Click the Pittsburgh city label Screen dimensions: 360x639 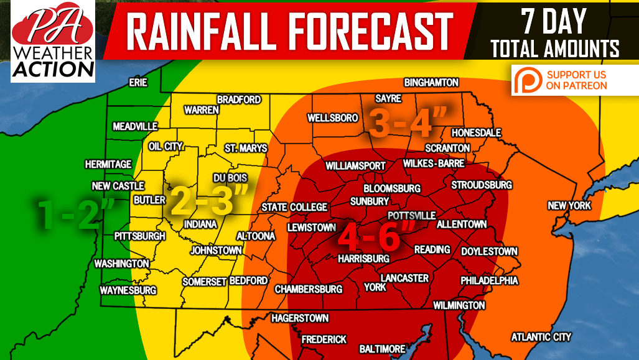click(140, 236)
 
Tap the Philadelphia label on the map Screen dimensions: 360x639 click(489, 281)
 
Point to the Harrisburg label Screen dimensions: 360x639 click(364, 259)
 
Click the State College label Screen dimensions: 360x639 click(294, 207)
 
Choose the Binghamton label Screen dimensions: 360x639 click(431, 83)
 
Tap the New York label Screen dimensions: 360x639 click(569, 206)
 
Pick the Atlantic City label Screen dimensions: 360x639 click(541, 337)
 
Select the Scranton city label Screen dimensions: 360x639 click(447, 148)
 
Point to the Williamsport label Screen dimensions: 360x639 click(355, 167)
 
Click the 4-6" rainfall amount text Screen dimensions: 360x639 click(375, 236)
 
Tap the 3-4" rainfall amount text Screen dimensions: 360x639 click(409, 123)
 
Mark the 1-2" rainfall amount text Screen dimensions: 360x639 click(74, 213)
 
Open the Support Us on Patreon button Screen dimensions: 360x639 click(567, 80)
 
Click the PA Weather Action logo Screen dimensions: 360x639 click(53, 41)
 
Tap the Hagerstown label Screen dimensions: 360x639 click(300, 318)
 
